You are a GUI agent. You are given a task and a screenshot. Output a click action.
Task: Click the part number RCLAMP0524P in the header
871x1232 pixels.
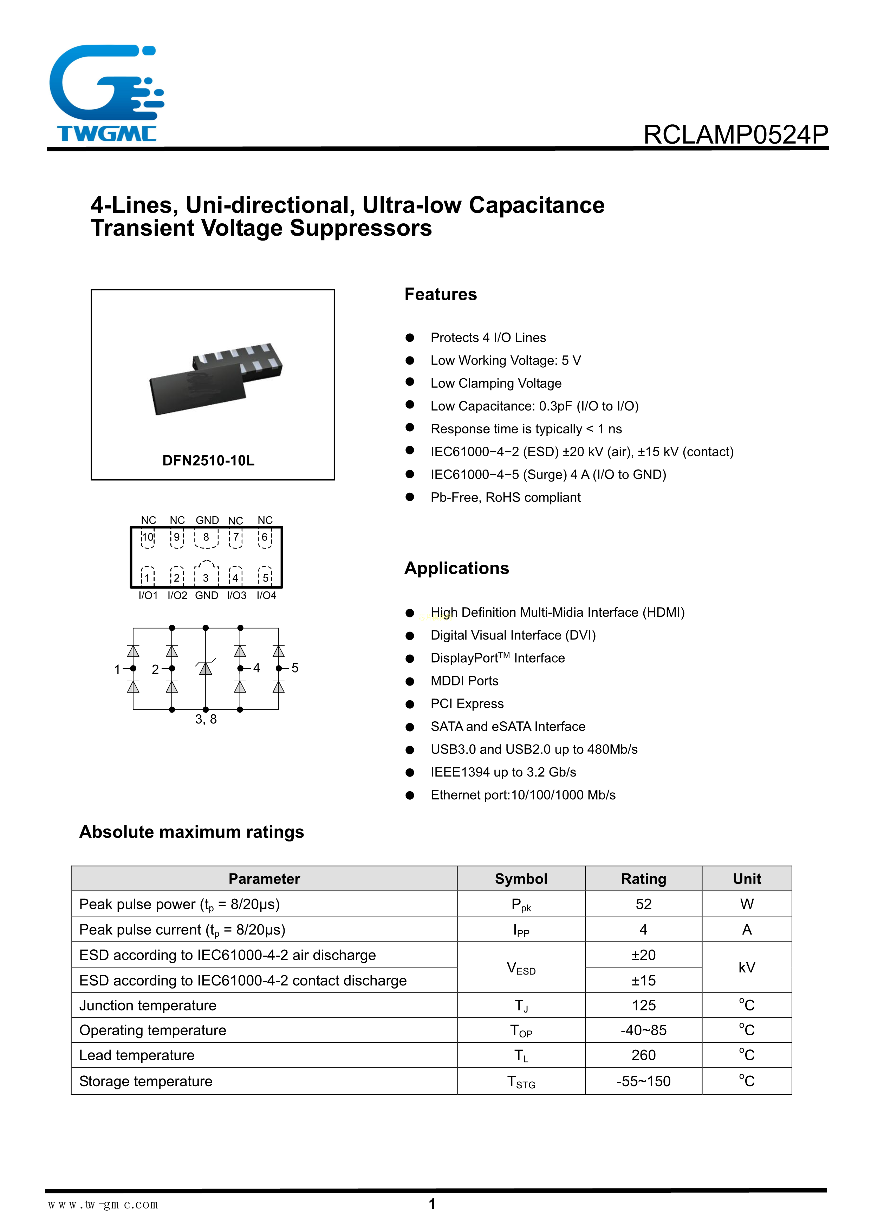[735, 134]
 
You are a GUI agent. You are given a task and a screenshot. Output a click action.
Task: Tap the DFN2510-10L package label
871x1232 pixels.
[208, 460]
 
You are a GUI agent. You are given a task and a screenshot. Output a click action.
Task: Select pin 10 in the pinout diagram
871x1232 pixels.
[148, 538]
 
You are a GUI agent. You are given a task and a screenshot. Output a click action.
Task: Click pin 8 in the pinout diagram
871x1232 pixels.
[206, 538]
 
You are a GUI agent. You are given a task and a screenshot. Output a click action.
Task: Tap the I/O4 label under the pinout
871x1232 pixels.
[266, 596]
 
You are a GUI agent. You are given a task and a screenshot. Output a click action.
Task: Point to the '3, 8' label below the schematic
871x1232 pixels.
[206, 720]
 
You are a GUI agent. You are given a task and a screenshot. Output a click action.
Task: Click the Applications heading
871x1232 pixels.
[457, 568]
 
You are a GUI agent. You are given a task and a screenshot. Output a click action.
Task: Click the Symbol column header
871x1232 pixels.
[521, 879]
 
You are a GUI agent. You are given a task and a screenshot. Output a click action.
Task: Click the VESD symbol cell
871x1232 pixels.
[521, 968]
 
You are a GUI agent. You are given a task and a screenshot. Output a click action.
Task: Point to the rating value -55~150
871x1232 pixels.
[643, 1081]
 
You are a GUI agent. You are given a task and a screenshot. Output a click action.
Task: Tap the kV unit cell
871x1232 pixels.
[747, 968]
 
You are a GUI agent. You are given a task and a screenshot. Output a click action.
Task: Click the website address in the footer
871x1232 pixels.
[103, 1205]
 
